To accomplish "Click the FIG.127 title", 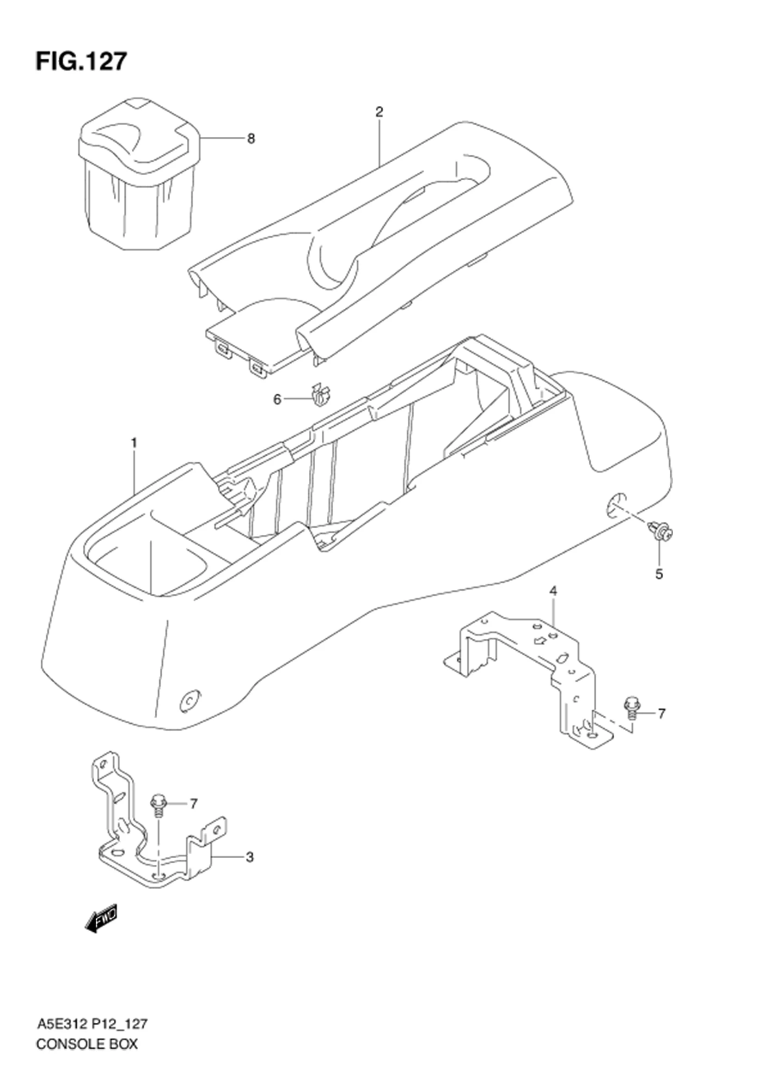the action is click(81, 61).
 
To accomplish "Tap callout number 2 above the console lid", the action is click(379, 112).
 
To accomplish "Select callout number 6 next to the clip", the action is click(277, 400).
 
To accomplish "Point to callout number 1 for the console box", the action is click(134, 443).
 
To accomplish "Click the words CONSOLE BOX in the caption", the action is click(86, 1054).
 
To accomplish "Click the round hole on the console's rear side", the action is click(615, 507).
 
